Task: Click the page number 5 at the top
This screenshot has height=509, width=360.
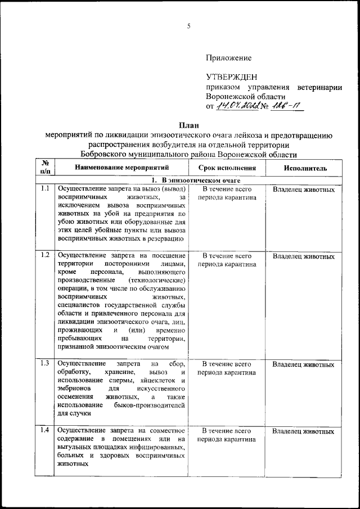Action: tap(189, 25)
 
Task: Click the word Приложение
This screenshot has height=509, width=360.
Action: tap(228, 58)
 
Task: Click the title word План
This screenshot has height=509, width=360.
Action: tap(188, 124)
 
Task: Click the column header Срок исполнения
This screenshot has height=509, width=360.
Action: tap(227, 168)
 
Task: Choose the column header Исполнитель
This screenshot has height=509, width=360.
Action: tap(304, 168)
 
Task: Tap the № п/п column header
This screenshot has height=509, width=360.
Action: tap(46, 168)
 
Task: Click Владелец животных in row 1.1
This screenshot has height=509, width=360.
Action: tap(303, 190)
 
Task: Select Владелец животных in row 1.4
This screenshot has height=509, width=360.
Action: tap(303, 431)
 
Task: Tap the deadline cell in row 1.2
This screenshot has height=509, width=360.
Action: tap(227, 260)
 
